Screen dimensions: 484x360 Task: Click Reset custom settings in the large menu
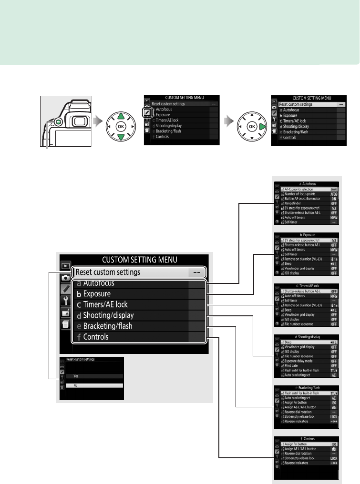[x=113, y=272]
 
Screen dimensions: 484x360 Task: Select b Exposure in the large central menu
[x=97, y=293]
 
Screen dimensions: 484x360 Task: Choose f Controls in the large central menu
[x=96, y=337]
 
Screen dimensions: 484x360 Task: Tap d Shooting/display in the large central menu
[x=108, y=315]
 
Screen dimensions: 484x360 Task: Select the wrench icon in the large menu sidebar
[x=65, y=300]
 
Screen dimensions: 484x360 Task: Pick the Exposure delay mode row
[x=298, y=361]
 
